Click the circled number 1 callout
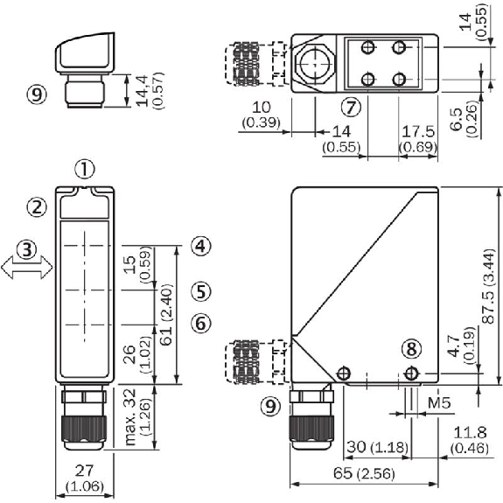[x=85, y=169]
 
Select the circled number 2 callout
[x=36, y=207]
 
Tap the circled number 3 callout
[x=26, y=249]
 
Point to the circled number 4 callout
[x=201, y=246]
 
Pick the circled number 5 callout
[x=201, y=292]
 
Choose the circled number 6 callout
[x=201, y=323]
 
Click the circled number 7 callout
[x=351, y=107]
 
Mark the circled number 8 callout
[x=412, y=349]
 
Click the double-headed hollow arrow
[x=27, y=267]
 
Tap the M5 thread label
[x=439, y=403]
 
